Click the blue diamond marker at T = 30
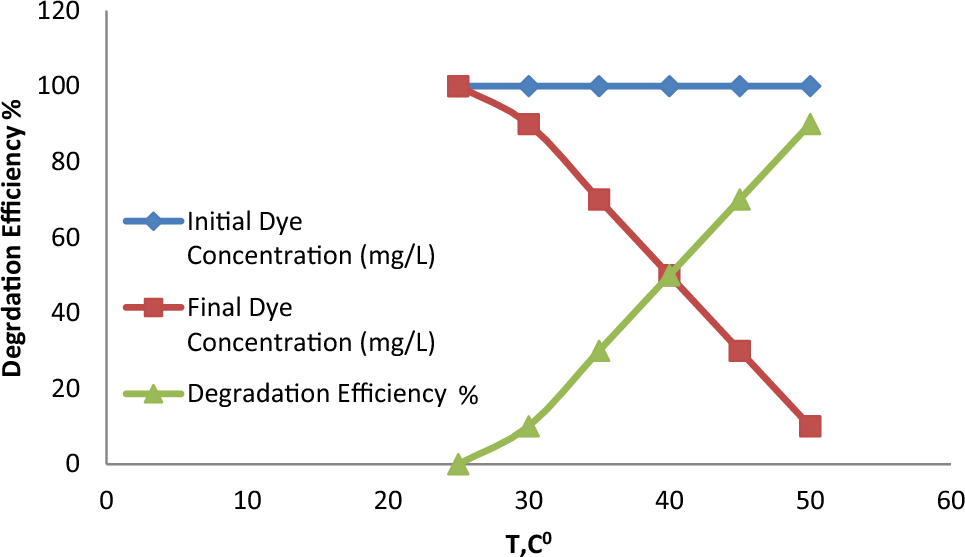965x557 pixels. tap(528, 86)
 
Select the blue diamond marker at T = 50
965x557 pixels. tap(810, 86)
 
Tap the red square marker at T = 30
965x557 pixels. tap(528, 124)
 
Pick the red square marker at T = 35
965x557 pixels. tap(599, 199)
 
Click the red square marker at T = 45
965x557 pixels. tap(740, 351)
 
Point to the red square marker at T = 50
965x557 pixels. tap(810, 426)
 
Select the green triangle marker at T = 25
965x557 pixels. tap(458, 464)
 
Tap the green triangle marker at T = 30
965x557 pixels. tap(528, 427)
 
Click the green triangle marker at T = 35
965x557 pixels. tap(599, 351)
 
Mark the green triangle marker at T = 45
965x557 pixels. tap(740, 200)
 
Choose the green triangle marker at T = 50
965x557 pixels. tap(810, 125)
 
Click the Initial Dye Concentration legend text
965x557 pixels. tap(310, 238)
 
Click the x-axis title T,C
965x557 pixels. tap(529, 542)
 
